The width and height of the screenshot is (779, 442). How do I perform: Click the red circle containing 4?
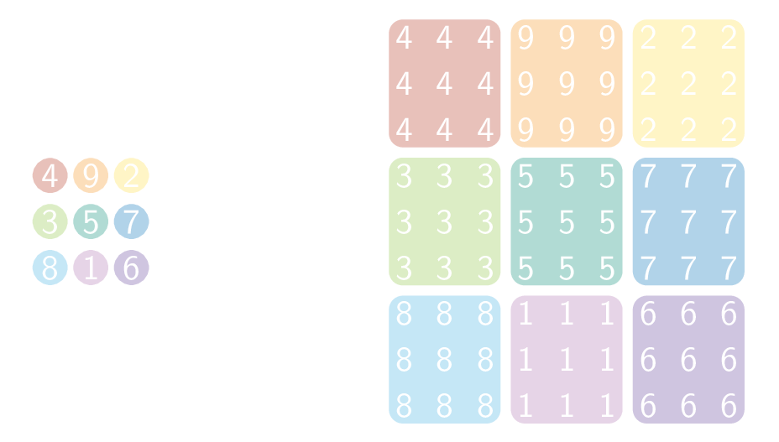coord(50,176)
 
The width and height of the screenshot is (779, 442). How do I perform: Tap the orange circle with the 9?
coord(90,176)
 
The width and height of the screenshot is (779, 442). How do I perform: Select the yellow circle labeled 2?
coord(131,176)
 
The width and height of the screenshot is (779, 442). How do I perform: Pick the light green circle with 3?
coord(50,222)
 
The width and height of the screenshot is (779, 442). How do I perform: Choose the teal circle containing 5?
coord(90,222)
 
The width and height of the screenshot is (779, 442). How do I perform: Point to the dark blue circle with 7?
coord(131,222)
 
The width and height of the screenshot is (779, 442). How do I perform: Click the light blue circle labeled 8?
coord(50,268)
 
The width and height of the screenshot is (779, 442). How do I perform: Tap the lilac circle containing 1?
coord(90,268)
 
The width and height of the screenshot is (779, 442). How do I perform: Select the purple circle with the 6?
coord(131,268)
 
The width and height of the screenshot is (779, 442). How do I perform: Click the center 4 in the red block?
coord(445,84)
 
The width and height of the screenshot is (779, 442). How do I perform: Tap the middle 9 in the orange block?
coord(567,84)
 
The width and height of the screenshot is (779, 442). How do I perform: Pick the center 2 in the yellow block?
coord(688,84)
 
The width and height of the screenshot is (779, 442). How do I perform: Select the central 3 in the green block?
coord(445,222)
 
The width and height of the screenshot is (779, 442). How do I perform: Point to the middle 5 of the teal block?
coord(567,222)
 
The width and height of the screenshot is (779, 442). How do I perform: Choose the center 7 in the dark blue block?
coord(688,222)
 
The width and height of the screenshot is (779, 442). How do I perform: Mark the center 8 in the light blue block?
coord(445,360)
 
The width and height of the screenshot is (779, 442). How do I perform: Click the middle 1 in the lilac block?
coord(567,360)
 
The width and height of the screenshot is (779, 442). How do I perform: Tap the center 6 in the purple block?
coord(688,360)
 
